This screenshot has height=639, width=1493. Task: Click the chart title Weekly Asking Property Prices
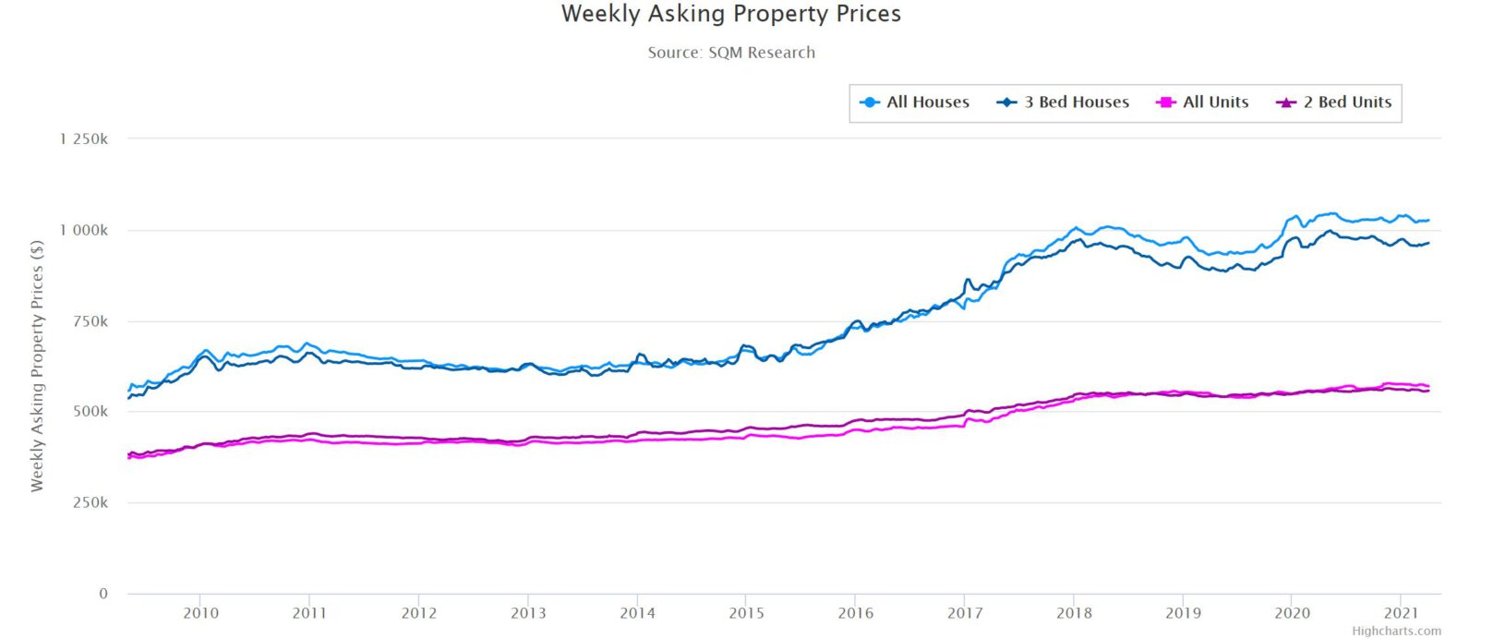point(730,15)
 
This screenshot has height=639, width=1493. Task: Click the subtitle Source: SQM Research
point(730,53)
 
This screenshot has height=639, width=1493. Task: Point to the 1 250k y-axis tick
point(84,139)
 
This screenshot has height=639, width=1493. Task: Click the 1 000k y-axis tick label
point(84,230)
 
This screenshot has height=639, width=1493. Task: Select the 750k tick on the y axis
point(90,321)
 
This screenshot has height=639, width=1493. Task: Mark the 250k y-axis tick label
point(90,503)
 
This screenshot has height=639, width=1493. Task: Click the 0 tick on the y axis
point(103,594)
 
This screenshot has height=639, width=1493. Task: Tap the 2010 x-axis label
point(200,613)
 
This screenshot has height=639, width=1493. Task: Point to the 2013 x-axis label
point(528,613)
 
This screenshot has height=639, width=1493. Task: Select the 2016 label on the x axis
point(855,613)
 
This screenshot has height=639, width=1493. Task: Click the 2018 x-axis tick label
point(1074,613)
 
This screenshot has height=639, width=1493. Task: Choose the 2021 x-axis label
point(1401,613)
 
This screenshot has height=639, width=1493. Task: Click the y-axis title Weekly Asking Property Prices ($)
point(37,366)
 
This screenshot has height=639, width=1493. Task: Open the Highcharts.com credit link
point(1396,632)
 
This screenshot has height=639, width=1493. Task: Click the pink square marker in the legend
point(1165,102)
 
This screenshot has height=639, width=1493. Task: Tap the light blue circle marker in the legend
point(869,102)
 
